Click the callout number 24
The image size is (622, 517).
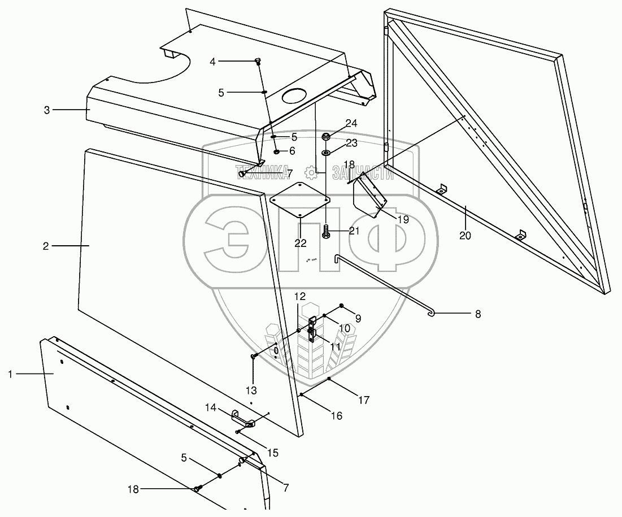351,123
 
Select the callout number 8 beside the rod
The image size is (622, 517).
477,314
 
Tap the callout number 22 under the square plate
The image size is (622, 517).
300,243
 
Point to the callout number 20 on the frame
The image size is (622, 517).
465,236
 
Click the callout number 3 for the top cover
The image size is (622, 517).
47,110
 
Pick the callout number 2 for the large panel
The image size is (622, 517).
46,246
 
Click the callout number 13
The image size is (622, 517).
251,390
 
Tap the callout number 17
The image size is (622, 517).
364,400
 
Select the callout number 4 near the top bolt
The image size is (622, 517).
212,61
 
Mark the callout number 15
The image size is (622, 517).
272,452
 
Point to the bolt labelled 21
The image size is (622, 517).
327,232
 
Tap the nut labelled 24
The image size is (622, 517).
326,137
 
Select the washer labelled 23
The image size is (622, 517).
327,153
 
